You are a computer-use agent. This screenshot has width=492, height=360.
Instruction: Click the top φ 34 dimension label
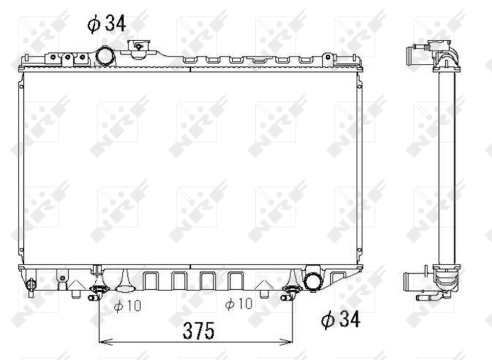(x=106, y=25)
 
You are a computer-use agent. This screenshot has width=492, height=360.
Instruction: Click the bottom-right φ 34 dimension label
(x=340, y=319)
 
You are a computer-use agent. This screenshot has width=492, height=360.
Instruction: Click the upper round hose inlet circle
(x=105, y=56)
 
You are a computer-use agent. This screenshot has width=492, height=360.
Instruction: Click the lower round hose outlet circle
(x=313, y=280)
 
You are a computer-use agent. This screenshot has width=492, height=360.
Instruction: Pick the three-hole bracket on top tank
(x=66, y=58)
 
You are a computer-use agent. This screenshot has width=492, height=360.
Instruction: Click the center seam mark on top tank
(x=190, y=65)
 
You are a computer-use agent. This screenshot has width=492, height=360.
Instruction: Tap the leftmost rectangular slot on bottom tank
(x=150, y=281)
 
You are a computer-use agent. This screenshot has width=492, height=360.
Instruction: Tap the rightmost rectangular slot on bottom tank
(x=236, y=281)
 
